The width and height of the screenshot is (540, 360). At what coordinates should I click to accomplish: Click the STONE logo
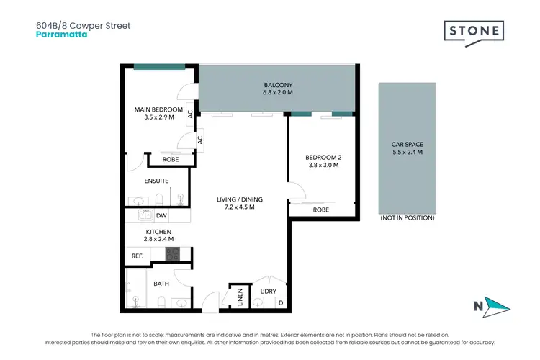473,32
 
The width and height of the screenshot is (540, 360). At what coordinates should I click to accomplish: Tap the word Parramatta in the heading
61,33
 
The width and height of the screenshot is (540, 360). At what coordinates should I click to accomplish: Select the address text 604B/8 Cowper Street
83,24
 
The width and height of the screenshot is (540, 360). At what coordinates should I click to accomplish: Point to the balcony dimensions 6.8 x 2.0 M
277,93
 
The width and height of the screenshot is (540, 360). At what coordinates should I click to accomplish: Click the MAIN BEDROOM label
158,109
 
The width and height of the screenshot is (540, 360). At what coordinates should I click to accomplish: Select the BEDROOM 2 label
323,157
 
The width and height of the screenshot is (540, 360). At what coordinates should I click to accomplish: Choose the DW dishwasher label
161,215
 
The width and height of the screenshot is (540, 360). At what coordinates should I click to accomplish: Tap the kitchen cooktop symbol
172,253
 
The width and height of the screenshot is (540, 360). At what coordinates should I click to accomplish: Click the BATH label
161,284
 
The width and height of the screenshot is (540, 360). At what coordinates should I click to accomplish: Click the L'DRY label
269,292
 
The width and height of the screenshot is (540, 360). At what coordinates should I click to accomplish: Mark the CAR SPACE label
407,144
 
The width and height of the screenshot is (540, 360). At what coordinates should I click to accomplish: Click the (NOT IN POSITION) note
407,217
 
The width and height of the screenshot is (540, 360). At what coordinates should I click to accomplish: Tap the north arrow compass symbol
495,307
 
